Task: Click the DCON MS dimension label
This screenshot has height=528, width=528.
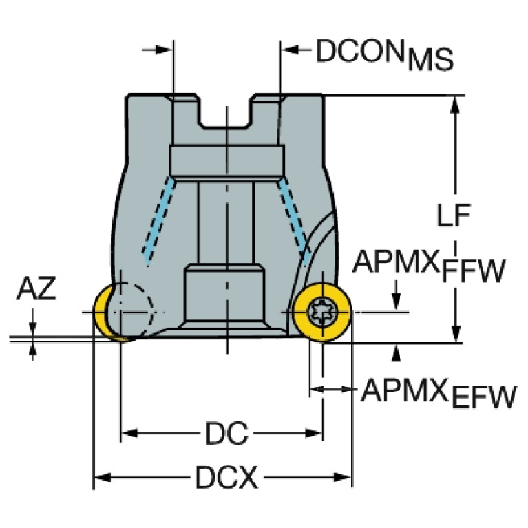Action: tap(385, 54)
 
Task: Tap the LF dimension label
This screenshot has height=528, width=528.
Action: tap(453, 215)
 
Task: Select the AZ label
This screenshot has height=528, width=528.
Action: tap(36, 288)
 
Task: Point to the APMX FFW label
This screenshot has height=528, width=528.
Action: tap(429, 265)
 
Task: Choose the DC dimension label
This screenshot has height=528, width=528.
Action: tap(226, 433)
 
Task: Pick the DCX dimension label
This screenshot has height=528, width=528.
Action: tap(226, 477)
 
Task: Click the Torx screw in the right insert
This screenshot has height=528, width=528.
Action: tap(322, 313)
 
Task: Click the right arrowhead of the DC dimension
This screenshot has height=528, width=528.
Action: tap(314, 433)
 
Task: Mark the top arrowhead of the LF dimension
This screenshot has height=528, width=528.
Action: tap(455, 105)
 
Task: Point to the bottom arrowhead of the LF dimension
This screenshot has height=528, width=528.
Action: tap(455, 334)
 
